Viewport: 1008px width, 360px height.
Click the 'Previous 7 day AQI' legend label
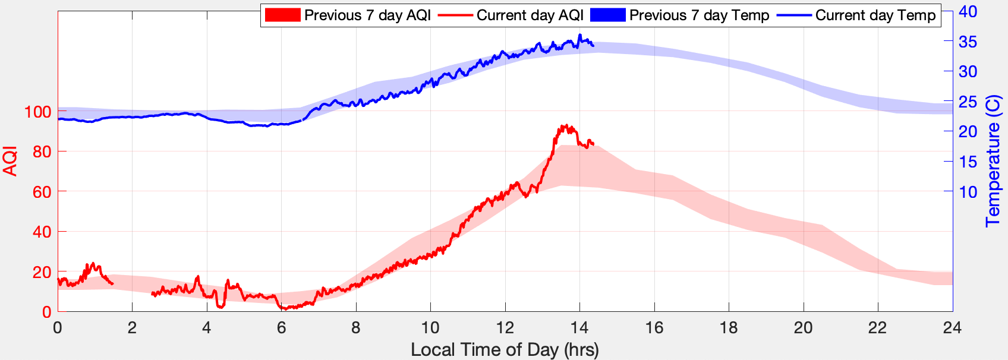coord(367,15)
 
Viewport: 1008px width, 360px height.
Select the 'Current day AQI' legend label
coord(530,15)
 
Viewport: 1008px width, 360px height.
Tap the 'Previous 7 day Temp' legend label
coord(699,15)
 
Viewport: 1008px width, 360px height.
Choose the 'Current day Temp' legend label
coord(875,15)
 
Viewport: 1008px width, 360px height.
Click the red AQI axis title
coord(10,161)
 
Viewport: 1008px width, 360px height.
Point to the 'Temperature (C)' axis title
coord(993,161)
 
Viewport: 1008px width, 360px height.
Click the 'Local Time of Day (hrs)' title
coord(505,350)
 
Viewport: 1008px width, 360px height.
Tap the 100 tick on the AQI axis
coord(37,112)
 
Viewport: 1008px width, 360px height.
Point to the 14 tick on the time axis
coord(579,327)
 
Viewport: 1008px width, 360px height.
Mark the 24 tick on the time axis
coord(952,327)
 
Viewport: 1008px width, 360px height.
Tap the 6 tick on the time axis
coord(281,327)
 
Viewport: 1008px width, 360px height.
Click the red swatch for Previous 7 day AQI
coord(282,15)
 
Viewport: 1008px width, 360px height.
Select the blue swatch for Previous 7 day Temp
coord(607,15)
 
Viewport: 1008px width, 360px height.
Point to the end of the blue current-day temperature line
coord(593,46)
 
